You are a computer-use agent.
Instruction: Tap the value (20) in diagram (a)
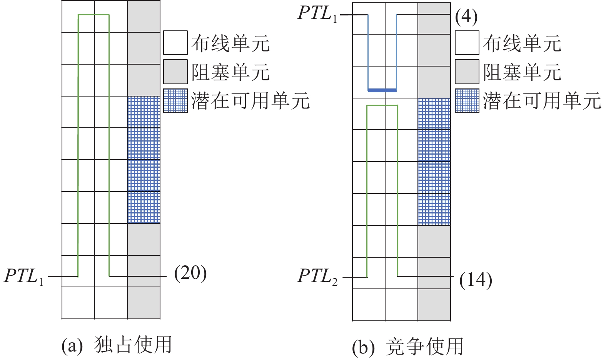click(190, 273)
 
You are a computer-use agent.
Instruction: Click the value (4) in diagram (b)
click(466, 17)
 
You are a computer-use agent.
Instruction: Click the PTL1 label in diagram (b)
click(318, 14)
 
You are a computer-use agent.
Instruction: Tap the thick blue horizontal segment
click(382, 90)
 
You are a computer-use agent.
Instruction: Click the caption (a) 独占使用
click(117, 345)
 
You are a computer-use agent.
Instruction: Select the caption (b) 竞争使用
click(407, 347)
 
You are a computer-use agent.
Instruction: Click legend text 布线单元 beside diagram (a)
click(230, 43)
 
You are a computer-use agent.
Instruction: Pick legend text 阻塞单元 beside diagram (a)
click(230, 72)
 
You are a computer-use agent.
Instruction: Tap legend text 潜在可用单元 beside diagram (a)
click(250, 101)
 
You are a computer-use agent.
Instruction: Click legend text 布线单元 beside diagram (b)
click(522, 43)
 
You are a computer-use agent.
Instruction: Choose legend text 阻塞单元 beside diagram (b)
click(522, 72)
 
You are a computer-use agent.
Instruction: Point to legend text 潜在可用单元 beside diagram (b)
click(542, 101)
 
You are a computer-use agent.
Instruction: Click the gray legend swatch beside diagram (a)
click(175, 72)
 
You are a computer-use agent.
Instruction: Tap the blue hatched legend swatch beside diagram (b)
click(467, 101)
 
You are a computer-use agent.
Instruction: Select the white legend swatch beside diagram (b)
click(467, 43)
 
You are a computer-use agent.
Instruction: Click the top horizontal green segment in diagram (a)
click(93, 15)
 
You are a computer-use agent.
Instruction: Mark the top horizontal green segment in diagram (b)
click(382, 105)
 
